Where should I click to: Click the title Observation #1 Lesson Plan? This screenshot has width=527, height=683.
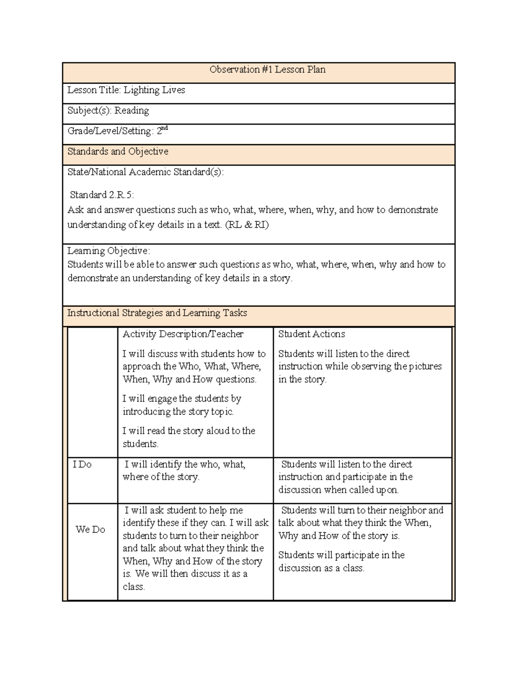point(267,69)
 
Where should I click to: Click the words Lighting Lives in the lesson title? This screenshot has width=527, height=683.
point(154,90)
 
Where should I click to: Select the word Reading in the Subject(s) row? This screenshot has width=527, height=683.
point(131,110)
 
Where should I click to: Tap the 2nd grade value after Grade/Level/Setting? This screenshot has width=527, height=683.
point(162,131)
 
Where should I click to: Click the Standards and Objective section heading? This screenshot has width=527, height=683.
point(118,151)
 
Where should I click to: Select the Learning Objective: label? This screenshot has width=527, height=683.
point(108,251)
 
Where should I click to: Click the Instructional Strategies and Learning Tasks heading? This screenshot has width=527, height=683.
point(157,313)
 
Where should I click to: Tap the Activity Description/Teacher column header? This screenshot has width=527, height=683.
point(183,334)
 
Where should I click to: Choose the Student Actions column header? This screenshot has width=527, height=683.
point(311,334)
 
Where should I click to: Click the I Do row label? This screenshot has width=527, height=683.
point(82,464)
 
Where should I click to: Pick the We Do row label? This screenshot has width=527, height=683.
point(90,530)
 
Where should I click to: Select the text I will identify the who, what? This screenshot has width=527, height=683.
point(185,464)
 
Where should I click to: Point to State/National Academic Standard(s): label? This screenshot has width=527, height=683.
point(145,172)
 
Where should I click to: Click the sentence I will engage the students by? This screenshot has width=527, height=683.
point(182,398)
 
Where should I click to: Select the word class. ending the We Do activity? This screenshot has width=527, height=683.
point(134,587)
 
